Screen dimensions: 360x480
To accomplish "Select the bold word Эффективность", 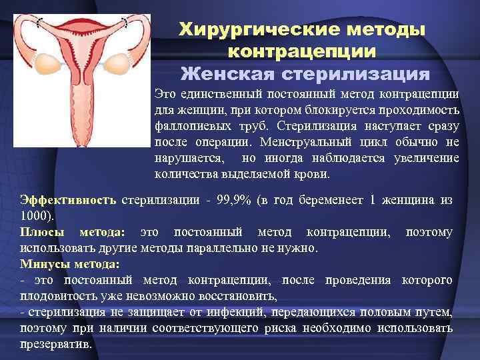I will [68, 199].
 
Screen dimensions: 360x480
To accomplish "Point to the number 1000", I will [33, 216].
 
